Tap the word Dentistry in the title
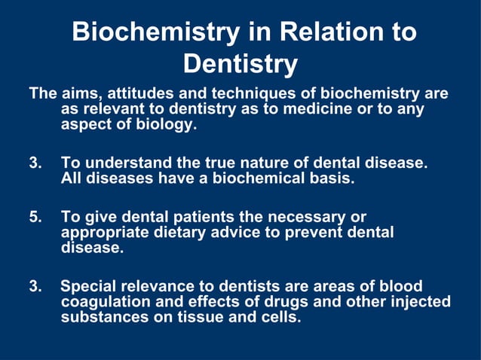click(240, 64)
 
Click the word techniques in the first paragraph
click(241, 94)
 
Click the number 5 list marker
click(35, 217)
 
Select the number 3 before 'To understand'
click(35, 163)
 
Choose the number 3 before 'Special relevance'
click(35, 286)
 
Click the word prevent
click(299, 233)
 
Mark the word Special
click(87, 286)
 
